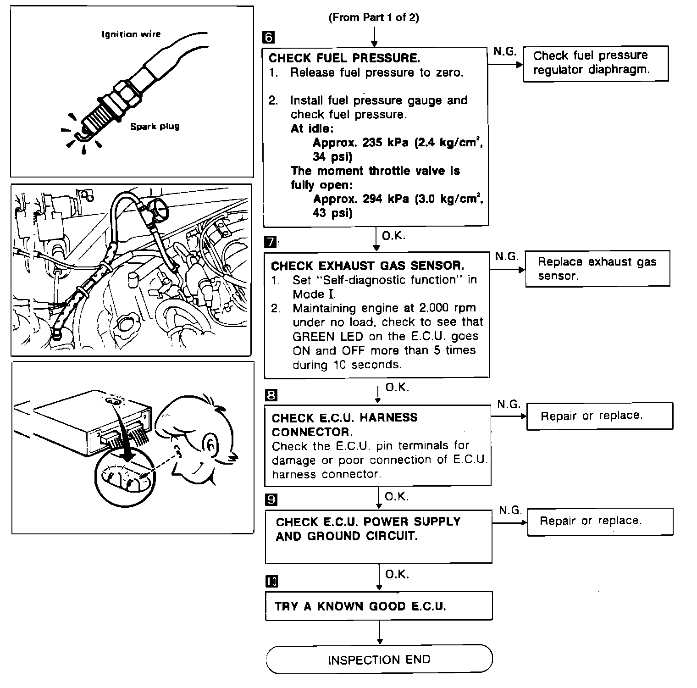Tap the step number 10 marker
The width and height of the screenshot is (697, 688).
(271, 582)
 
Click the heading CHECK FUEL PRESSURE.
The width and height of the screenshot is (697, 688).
(344, 58)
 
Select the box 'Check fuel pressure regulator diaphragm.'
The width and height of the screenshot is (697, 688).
(596, 63)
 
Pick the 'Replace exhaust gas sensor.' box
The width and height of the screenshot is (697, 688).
(597, 269)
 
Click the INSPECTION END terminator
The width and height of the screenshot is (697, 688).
(379, 660)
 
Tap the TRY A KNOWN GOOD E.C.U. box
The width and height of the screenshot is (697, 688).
(379, 606)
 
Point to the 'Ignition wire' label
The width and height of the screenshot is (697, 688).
(131, 34)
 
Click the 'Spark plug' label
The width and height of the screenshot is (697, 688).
(155, 126)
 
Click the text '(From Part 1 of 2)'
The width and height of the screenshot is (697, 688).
(374, 17)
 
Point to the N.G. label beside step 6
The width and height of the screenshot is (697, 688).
(505, 51)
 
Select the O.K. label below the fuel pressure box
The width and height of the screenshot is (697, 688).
(394, 236)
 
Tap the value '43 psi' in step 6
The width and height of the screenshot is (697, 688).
(332, 213)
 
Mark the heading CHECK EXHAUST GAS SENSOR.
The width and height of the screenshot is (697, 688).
(367, 266)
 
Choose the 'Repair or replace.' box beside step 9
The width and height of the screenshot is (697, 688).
(600, 522)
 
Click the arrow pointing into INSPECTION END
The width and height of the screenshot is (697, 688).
(379, 633)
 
